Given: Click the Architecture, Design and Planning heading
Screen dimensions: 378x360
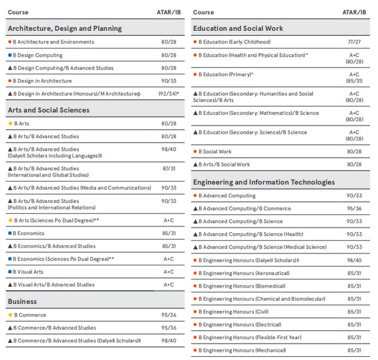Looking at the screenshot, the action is [65, 28].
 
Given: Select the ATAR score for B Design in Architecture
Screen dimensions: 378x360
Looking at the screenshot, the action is [169, 81].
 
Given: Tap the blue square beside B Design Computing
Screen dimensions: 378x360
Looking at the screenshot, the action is [10, 55].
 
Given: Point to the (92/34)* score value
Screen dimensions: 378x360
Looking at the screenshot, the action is [169, 93].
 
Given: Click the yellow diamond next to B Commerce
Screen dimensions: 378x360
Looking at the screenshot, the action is [10, 315].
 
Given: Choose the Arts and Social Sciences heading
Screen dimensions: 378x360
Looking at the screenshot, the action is [49, 110].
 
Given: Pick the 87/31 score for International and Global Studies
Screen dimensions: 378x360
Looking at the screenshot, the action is [169, 168].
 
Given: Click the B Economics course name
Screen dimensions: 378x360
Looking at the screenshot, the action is [28, 233].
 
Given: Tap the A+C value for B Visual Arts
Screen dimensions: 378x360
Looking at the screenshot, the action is [169, 272].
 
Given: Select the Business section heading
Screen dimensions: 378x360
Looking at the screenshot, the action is [22, 301].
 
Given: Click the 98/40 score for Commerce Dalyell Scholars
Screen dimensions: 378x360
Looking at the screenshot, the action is [169, 340].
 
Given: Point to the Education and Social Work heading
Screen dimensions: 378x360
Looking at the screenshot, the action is [238, 28].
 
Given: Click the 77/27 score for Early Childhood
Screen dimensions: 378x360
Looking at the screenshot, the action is [354, 42].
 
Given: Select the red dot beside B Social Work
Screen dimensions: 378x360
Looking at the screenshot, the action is [195, 151].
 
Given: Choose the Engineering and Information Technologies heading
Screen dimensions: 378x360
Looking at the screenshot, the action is [264, 182].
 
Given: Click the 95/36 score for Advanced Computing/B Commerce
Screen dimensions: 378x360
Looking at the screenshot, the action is [354, 209].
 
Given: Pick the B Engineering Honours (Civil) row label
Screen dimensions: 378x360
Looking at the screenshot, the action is [233, 311].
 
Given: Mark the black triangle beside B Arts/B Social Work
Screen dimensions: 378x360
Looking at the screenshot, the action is [195, 165].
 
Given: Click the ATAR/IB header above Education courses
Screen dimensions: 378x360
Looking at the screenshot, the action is [354, 13].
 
